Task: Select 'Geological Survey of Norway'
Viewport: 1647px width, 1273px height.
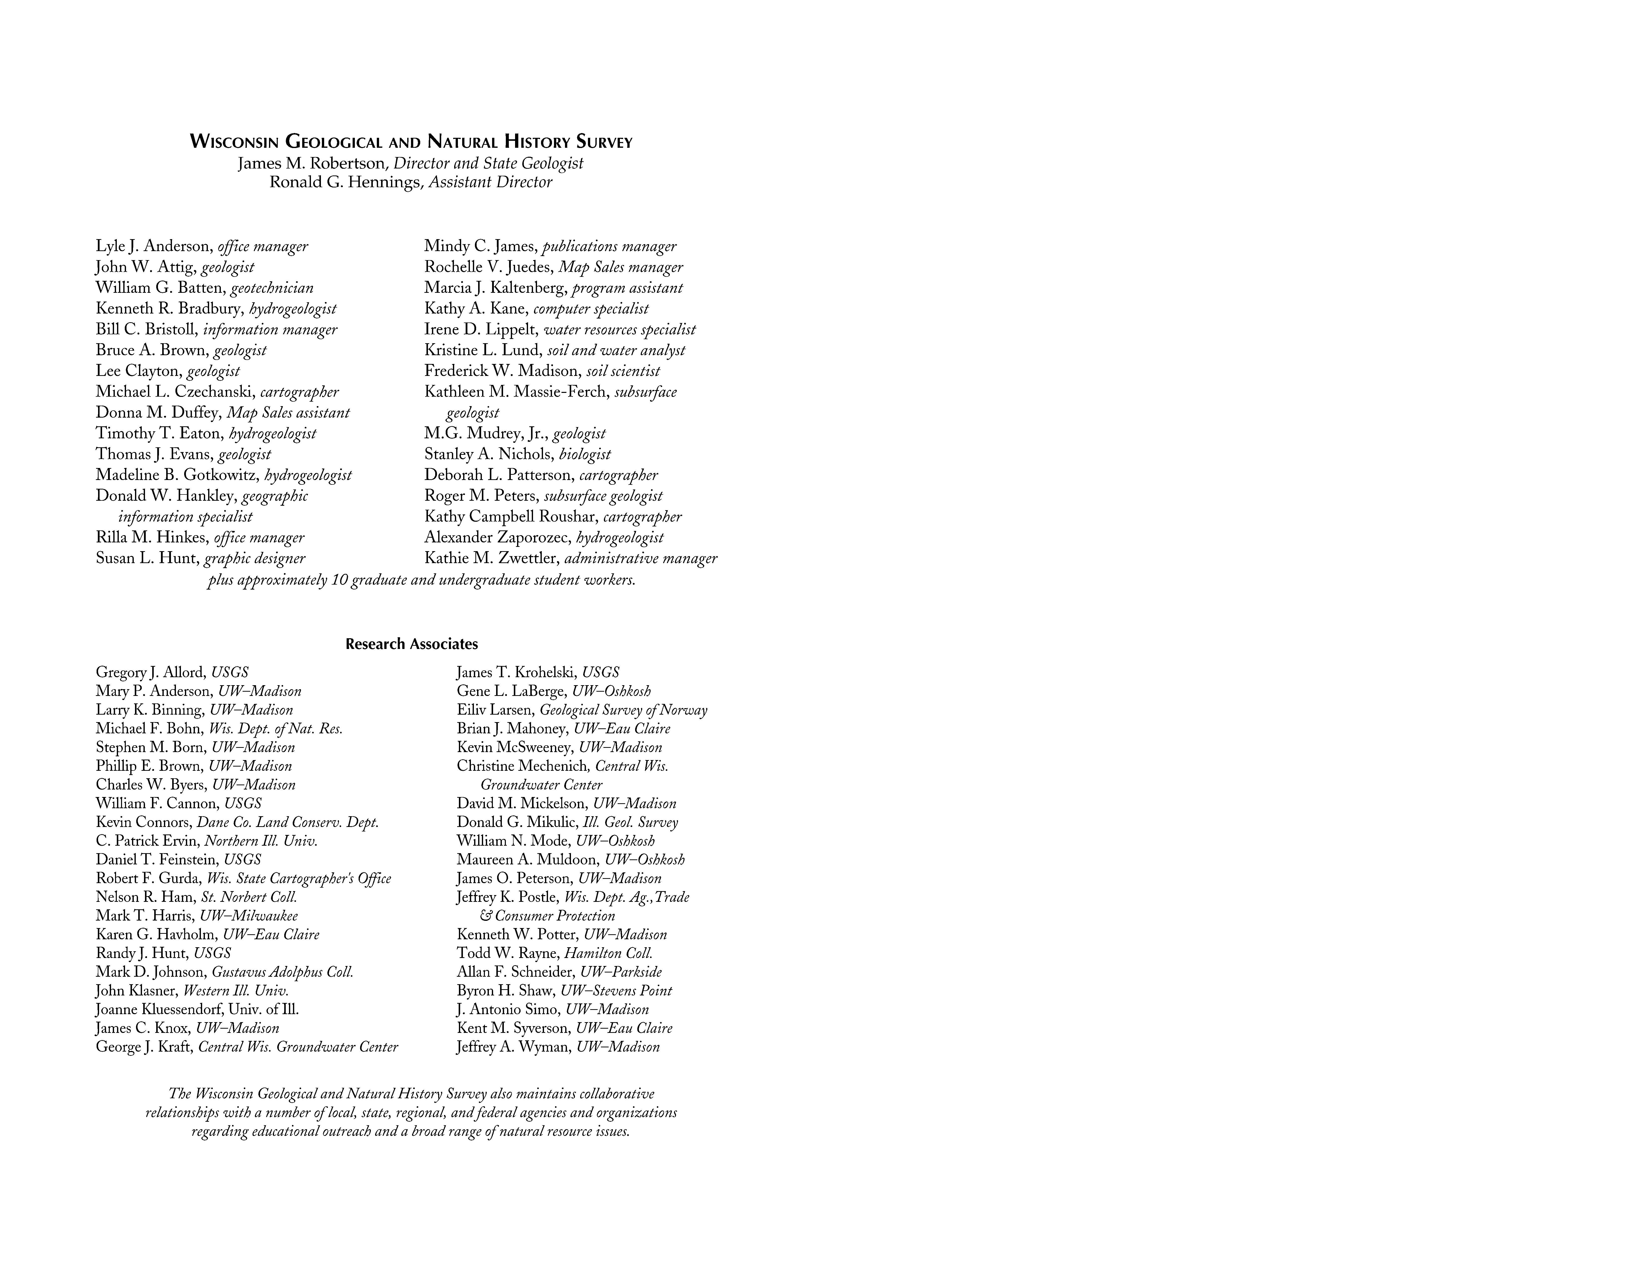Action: [x=624, y=710]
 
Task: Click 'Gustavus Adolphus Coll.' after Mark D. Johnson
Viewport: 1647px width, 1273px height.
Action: [x=283, y=972]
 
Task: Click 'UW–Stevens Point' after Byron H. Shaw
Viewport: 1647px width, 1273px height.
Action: [x=616, y=991]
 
